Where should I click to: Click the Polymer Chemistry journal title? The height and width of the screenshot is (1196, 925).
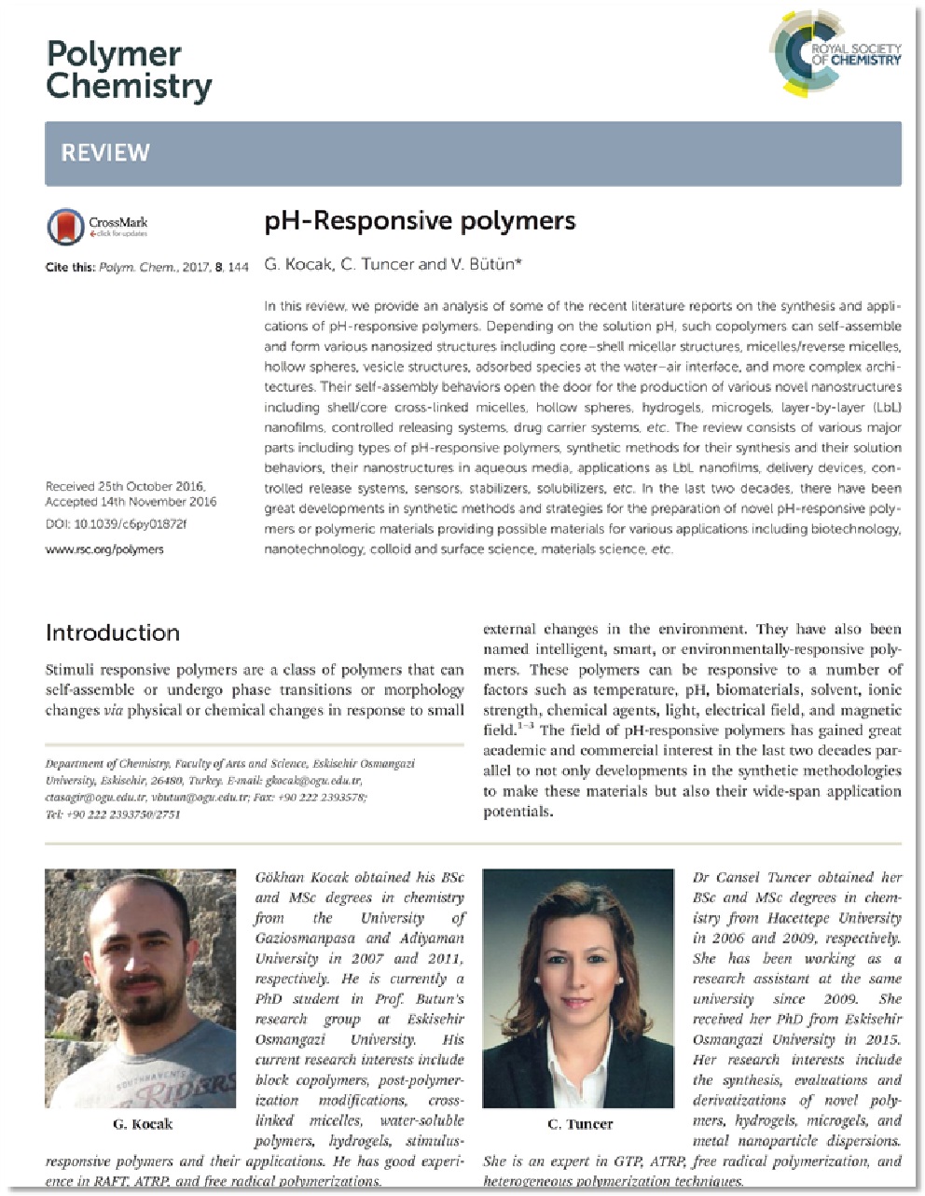(129, 71)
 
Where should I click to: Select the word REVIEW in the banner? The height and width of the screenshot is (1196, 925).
(105, 153)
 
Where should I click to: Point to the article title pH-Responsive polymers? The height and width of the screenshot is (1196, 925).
(420, 221)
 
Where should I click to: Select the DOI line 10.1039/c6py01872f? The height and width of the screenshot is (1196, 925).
(116, 524)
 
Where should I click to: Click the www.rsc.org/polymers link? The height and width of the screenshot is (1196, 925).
(104, 549)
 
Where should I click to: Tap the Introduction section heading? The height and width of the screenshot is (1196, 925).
(113, 633)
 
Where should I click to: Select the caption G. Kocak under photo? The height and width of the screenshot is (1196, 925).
(142, 1124)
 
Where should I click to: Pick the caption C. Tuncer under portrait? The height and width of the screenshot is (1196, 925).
(579, 1124)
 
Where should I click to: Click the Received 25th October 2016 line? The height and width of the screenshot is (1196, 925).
(125, 487)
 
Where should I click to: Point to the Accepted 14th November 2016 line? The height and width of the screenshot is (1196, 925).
(131, 502)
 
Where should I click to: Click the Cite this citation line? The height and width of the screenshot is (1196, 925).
(147, 268)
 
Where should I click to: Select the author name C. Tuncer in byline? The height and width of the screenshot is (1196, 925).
(377, 264)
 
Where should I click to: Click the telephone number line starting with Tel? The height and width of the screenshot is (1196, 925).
(113, 814)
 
